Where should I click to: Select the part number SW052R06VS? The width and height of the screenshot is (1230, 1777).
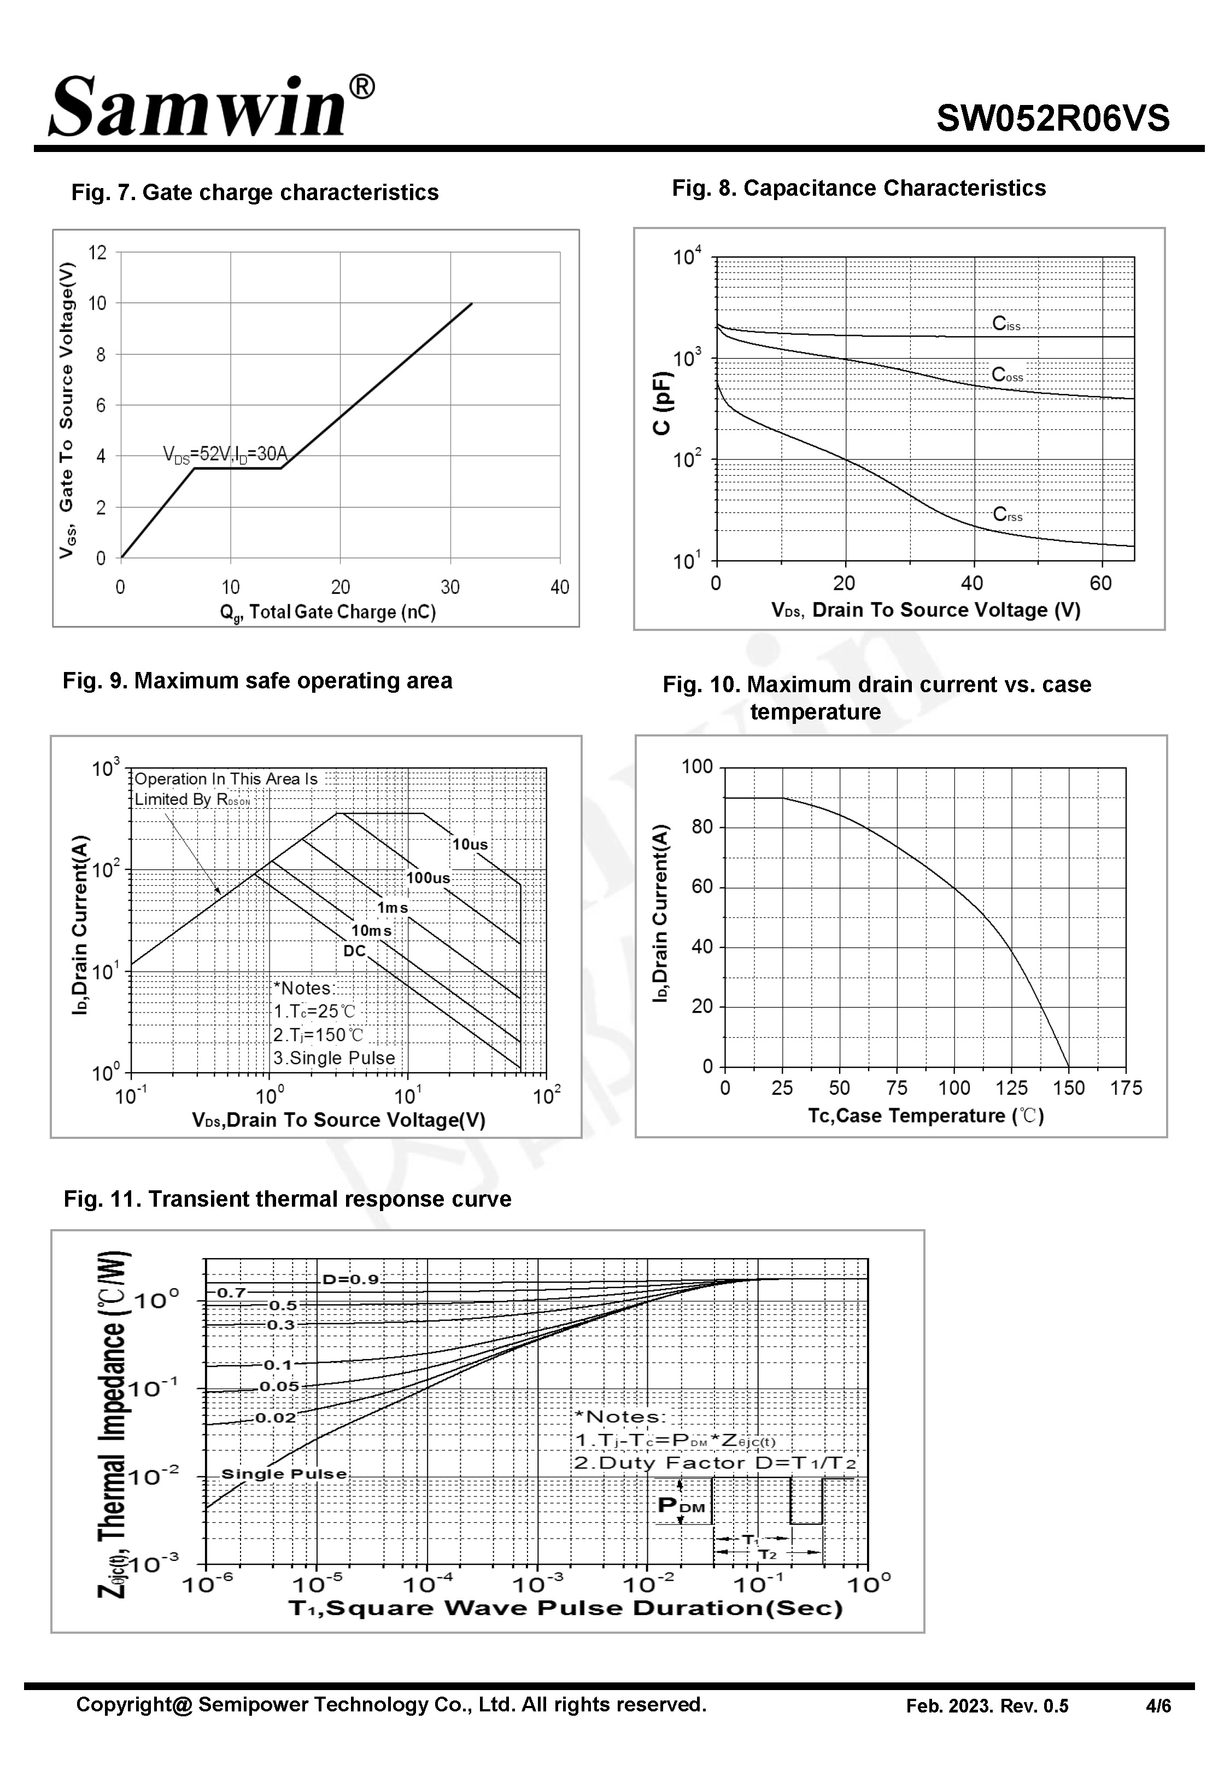1053,119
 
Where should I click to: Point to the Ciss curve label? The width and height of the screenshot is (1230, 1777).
1006,324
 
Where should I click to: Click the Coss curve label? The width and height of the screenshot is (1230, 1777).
1008,375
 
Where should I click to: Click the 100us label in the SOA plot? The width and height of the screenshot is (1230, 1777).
427,877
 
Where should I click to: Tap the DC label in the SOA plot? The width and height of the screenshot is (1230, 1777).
354,951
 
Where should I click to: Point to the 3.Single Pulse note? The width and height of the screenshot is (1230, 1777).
333,1058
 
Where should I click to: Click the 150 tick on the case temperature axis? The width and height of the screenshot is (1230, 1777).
1068,1088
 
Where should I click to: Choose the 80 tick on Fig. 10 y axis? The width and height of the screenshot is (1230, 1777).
702,827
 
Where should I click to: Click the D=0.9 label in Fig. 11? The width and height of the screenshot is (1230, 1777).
350,1279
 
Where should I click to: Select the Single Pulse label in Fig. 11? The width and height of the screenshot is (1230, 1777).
284,1474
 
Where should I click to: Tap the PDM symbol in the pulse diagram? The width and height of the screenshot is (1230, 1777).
681,1505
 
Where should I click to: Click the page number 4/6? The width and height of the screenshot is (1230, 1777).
1158,1706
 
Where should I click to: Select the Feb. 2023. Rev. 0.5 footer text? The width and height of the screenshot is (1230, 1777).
987,1706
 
